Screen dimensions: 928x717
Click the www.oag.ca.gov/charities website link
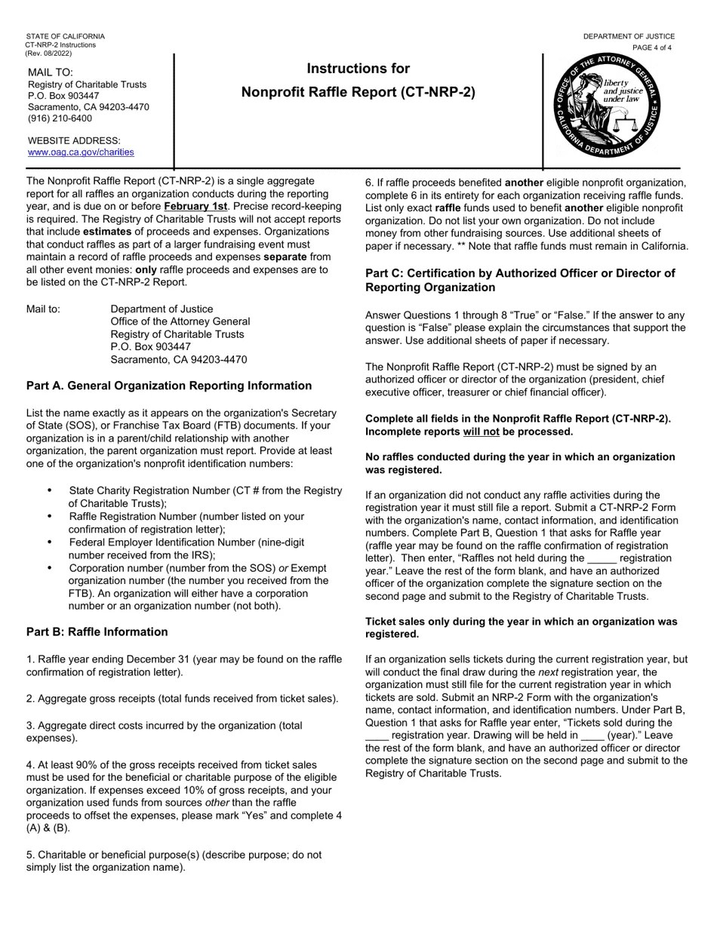click(81, 152)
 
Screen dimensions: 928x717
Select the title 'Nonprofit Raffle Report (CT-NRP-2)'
click(358, 93)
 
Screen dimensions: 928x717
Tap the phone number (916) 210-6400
click(60, 118)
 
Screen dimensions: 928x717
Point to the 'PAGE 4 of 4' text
click(651, 48)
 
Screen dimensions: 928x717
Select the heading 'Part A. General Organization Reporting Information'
click(168, 386)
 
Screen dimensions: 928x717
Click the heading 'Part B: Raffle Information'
click(97, 631)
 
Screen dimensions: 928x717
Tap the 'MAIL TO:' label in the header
click(51, 72)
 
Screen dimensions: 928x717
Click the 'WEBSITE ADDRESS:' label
click(74, 140)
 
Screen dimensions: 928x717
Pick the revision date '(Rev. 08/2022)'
click(48, 54)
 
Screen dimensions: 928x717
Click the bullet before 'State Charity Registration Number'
click(50, 490)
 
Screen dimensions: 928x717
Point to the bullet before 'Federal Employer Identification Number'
click(50, 542)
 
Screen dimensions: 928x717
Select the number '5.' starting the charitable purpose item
click(31, 855)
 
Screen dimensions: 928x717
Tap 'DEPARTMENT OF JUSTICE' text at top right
click(629, 36)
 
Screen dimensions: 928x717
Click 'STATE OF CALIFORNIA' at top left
click(65, 36)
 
